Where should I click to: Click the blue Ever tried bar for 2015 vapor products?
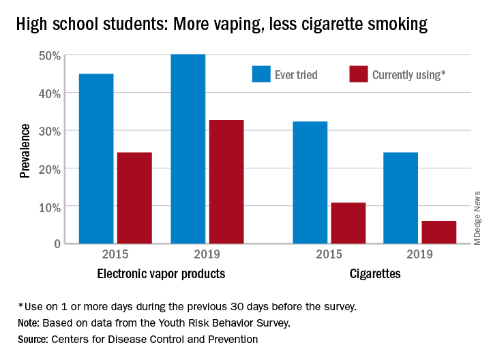click(96, 158)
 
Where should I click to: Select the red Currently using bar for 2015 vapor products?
click(134, 198)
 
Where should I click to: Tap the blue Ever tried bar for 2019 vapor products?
click(188, 149)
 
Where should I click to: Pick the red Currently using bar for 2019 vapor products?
click(226, 181)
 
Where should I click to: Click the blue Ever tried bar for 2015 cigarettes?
click(310, 182)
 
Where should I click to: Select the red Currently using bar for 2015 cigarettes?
click(348, 223)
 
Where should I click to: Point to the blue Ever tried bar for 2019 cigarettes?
click(401, 198)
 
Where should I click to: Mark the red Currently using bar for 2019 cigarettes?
click(439, 232)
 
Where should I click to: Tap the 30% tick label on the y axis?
click(52, 131)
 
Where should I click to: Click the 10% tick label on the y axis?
click(52, 207)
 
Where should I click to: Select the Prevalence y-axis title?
click(25, 150)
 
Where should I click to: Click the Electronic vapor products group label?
click(161, 275)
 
